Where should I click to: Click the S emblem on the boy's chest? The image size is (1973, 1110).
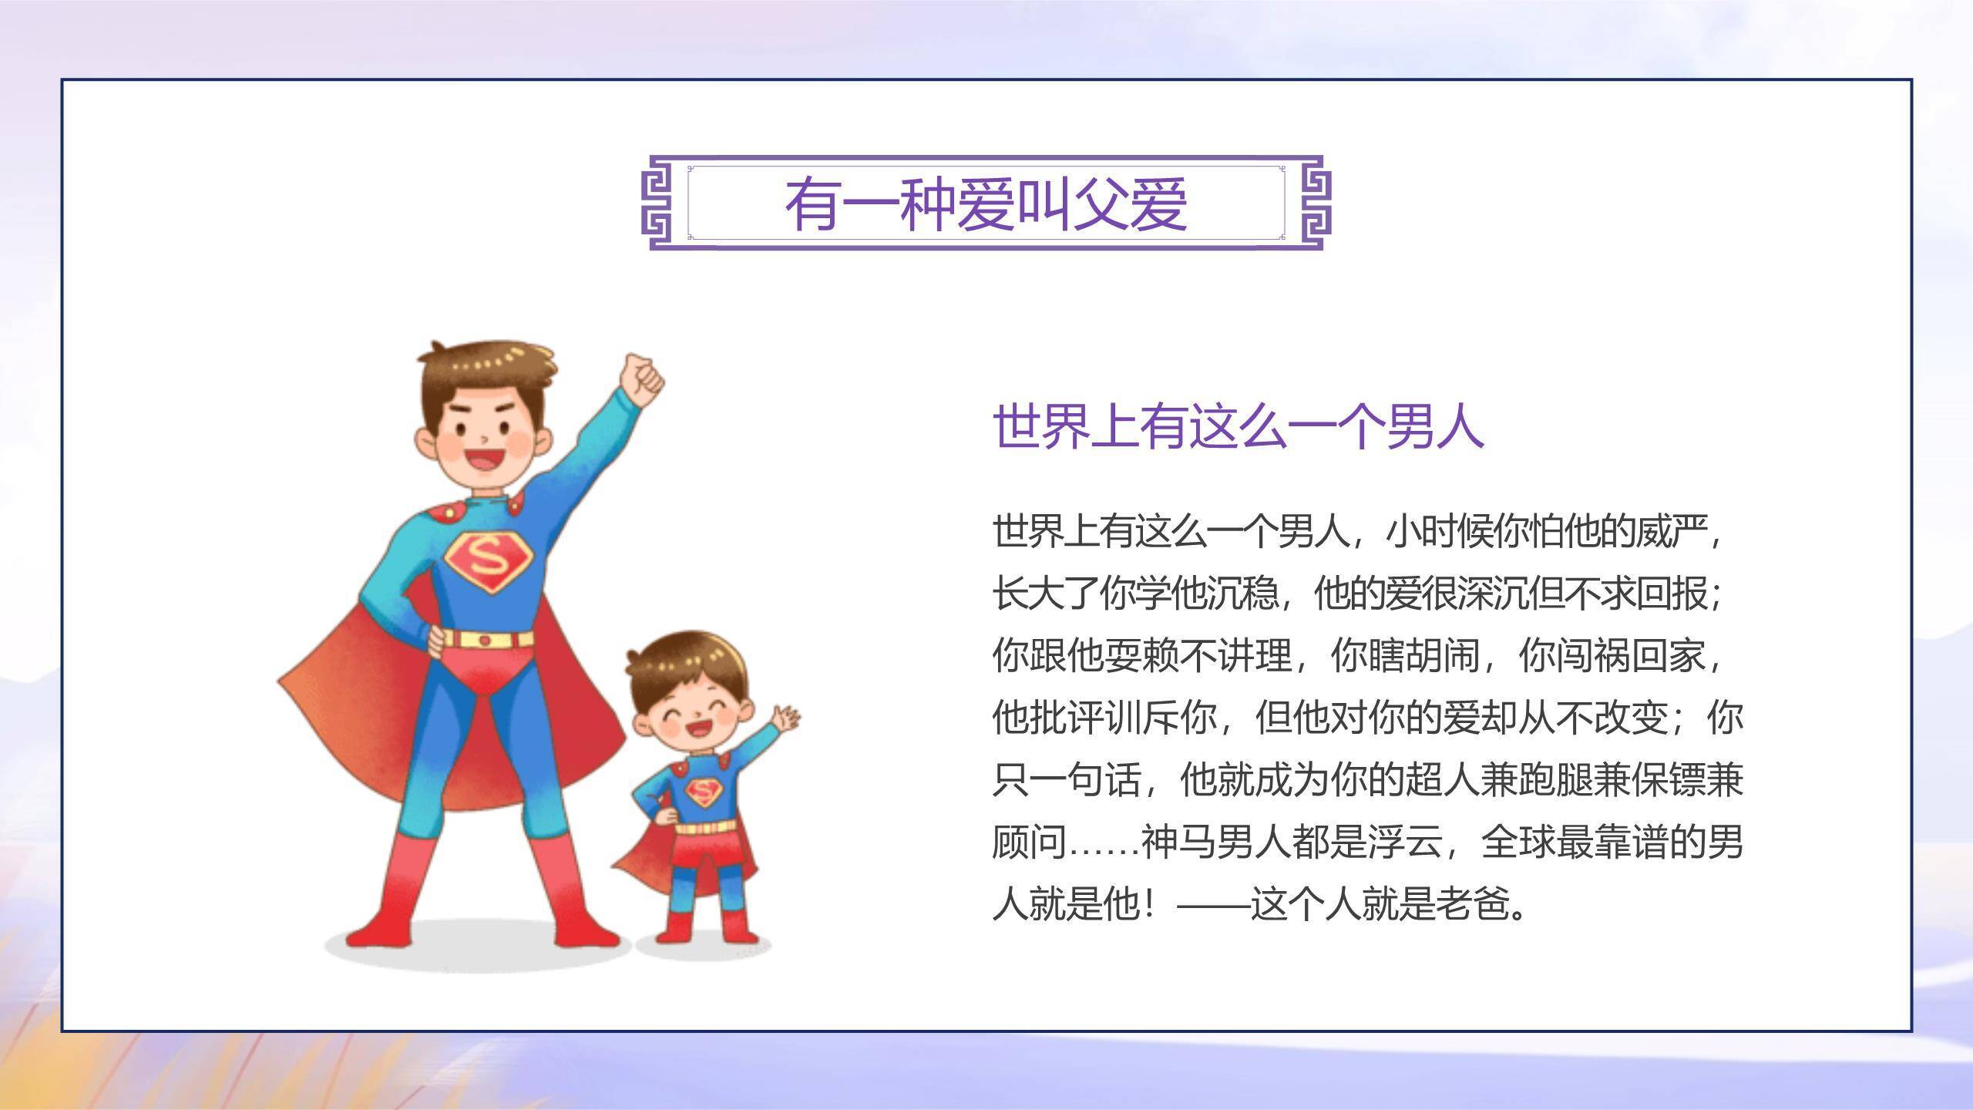[x=702, y=792]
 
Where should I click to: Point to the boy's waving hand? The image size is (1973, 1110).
[x=786, y=719]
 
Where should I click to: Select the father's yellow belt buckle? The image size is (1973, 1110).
[x=485, y=639]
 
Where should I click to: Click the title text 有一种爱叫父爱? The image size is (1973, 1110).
[x=986, y=204]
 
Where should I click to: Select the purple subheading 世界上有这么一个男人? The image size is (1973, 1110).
[x=1238, y=425]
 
